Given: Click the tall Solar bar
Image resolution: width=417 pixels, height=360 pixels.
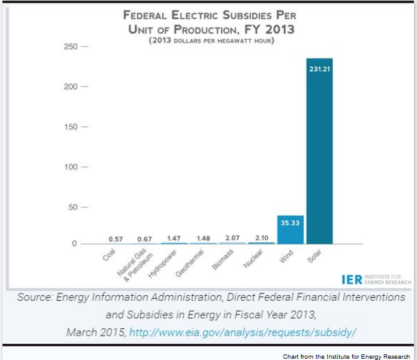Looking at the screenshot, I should (319, 156).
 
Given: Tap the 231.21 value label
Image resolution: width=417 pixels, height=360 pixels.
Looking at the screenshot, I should (319, 69).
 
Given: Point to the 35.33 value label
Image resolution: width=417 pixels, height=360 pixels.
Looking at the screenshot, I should (290, 222).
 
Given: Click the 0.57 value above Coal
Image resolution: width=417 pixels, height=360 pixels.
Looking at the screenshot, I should (115, 239).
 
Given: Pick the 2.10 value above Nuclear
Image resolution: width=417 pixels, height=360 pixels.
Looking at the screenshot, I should (261, 239).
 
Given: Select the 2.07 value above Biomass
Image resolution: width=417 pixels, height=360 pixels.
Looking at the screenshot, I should (232, 239).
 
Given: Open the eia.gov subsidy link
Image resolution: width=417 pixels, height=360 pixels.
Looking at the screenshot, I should (242, 331).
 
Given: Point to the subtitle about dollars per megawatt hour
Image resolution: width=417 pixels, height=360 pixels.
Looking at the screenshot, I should (210, 41).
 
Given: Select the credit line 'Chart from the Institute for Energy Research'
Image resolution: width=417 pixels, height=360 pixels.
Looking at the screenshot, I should (346, 356).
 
